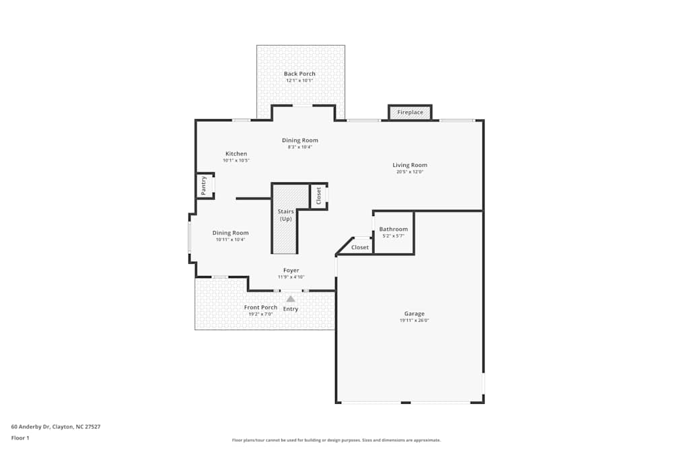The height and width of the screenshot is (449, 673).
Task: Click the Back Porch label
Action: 299,74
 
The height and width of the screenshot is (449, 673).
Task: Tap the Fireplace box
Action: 410,112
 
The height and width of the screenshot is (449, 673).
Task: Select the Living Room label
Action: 410,165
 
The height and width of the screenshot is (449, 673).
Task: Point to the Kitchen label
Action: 236,153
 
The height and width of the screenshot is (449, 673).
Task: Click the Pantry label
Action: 203,185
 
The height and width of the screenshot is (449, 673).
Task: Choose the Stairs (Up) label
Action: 285,215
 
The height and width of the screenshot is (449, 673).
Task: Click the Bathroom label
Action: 393,230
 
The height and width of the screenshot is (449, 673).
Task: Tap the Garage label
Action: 414,314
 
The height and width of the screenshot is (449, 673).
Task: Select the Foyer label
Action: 291,271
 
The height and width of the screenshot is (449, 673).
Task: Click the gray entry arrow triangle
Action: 291,298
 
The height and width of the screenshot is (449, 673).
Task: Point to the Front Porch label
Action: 260,308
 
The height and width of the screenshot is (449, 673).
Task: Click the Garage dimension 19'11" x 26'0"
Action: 414,321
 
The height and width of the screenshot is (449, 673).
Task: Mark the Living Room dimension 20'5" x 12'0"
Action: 410,172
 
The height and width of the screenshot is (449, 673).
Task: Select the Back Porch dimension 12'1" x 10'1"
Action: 299,81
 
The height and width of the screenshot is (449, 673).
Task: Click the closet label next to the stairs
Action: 319,195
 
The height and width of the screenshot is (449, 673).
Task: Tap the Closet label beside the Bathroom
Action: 360,248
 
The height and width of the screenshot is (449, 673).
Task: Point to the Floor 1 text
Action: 20,438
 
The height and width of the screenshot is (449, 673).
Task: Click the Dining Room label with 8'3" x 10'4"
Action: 299,140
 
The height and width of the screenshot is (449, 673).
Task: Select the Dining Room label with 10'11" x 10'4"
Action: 231,233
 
